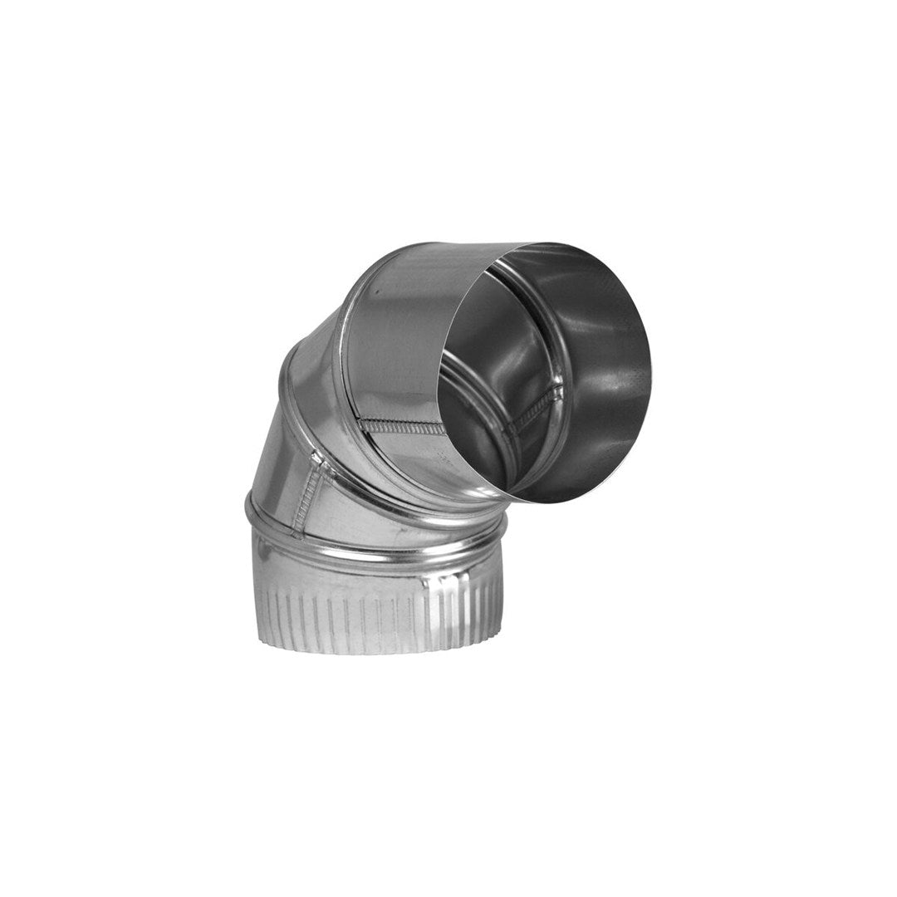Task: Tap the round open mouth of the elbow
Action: [x=544, y=374]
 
